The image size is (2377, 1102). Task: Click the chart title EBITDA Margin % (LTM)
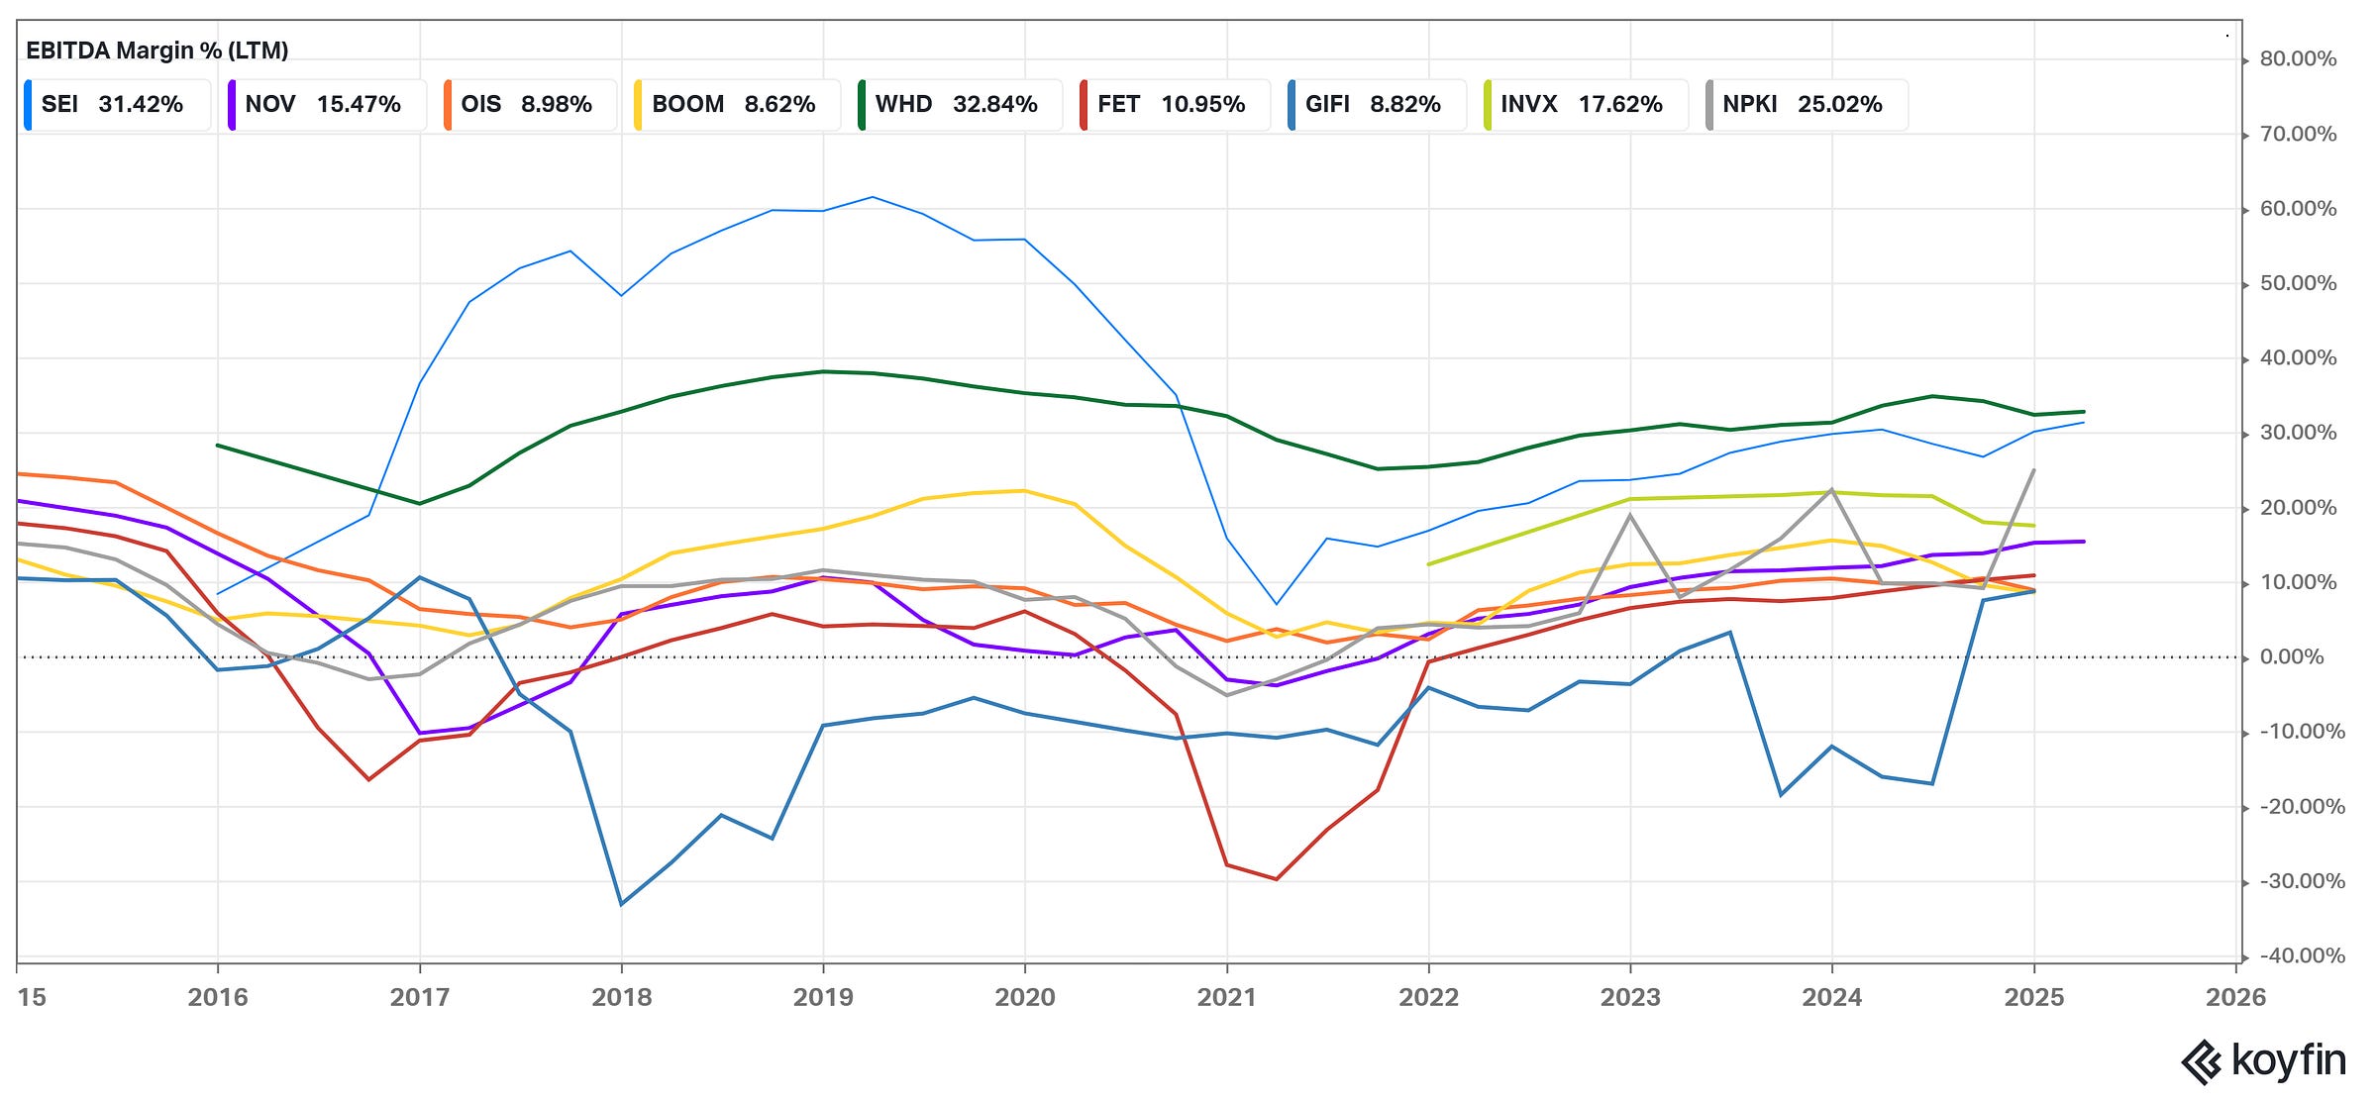[x=156, y=50]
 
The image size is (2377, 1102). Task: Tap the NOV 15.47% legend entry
[x=323, y=105]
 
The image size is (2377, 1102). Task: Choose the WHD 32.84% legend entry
[x=957, y=105]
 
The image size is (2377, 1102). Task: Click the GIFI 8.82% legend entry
[x=1373, y=105]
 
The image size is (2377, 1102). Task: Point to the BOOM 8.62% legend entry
[x=734, y=105]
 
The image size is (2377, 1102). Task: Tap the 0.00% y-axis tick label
[x=2292, y=657]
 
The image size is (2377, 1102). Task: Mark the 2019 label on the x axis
[x=823, y=997]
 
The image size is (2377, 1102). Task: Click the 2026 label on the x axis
[x=2235, y=997]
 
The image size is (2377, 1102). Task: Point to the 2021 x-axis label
[x=1226, y=997]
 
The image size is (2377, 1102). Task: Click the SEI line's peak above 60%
[x=873, y=197]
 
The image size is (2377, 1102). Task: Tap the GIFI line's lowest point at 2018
[x=621, y=904]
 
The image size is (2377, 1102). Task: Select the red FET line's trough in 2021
[x=1277, y=879]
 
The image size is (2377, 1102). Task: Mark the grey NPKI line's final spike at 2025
[x=2033, y=470]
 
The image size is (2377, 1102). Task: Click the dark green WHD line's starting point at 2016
[x=218, y=446]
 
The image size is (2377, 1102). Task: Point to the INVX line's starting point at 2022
[x=1428, y=564]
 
